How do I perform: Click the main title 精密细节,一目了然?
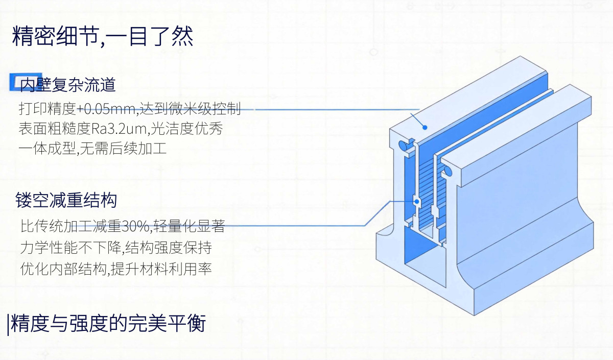pyautogui.click(x=103, y=36)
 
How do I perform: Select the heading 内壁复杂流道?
pyautogui.click(x=67, y=85)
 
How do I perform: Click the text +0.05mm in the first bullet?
pyautogui.click(x=107, y=109)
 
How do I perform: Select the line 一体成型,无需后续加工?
pyautogui.click(x=92, y=149)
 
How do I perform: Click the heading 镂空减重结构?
pyautogui.click(x=66, y=200)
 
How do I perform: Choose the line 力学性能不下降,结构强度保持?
pyautogui.click(x=116, y=248)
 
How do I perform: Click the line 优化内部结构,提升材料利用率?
pyautogui.click(x=116, y=269)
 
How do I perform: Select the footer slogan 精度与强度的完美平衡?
pyautogui.click(x=108, y=324)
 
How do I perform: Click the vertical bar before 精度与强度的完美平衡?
pyautogui.click(x=8, y=325)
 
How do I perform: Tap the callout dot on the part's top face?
pyautogui.click(x=425, y=127)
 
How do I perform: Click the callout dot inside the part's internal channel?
pyautogui.click(x=417, y=202)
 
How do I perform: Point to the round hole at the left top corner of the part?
pyautogui.click(x=403, y=146)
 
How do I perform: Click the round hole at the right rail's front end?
pyautogui.click(x=448, y=171)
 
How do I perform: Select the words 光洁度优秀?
pyautogui.click(x=186, y=129)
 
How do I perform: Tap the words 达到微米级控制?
pyautogui.click(x=190, y=109)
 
